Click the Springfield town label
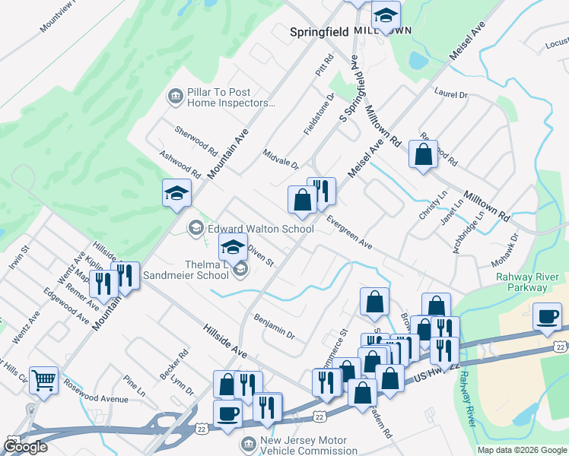(319, 32)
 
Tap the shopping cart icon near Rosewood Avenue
(44, 379)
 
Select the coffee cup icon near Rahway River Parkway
(547, 316)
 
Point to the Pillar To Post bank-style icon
(174, 97)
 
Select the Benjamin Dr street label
(274, 327)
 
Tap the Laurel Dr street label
(450, 95)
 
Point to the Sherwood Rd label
(196, 140)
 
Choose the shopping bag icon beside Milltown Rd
(423, 154)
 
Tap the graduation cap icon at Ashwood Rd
(176, 193)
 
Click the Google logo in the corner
(25, 447)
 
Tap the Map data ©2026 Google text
(521, 450)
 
